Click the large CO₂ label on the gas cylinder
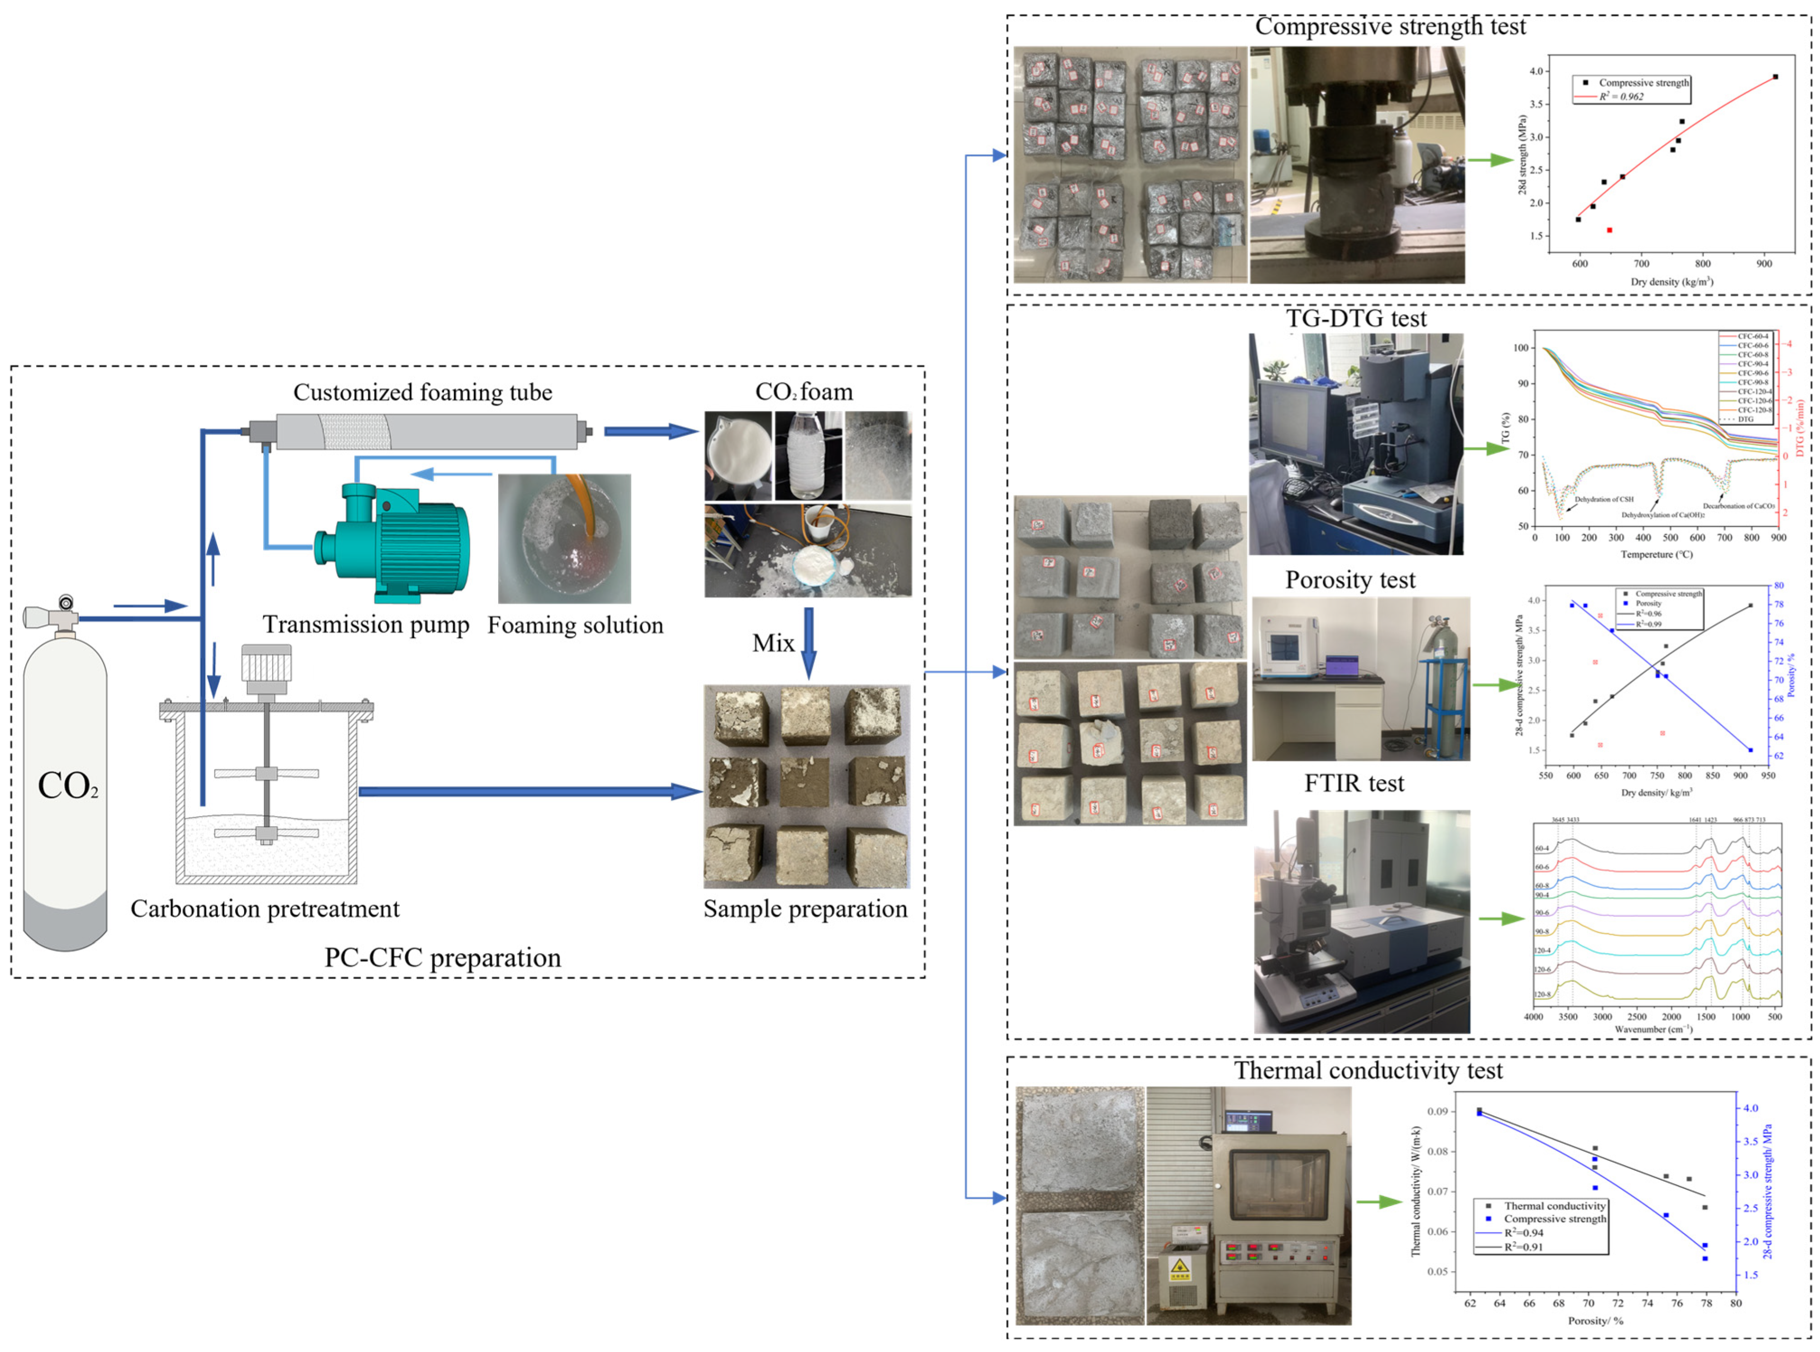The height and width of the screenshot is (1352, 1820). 68,786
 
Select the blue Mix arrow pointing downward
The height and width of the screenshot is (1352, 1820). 808,642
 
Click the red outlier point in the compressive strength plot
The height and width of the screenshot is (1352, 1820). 1609,230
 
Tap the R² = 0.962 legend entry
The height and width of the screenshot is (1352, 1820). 1620,97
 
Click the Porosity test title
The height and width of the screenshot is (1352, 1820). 1349,580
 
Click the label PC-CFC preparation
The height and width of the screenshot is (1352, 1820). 443,957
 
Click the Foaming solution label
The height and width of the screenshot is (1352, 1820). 575,625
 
